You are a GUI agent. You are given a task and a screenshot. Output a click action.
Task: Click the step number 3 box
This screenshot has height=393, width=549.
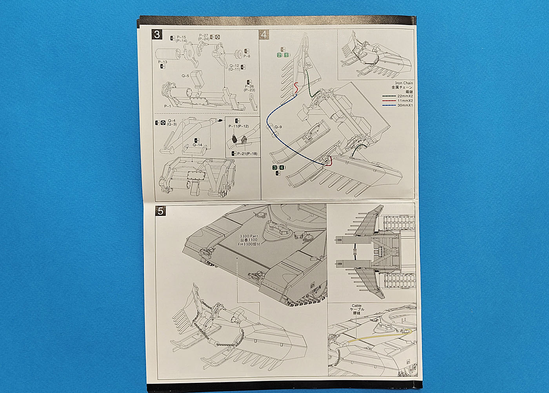(156, 34)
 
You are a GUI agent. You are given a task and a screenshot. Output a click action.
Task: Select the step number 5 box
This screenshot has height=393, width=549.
(160, 211)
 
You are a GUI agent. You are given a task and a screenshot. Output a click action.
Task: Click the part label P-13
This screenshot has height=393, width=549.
(163, 62)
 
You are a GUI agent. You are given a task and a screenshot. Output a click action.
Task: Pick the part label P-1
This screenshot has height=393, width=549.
(167, 106)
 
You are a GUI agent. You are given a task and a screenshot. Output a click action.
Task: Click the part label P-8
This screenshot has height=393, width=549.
(247, 56)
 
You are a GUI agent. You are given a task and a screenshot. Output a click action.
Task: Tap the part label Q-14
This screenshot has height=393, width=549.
(197, 145)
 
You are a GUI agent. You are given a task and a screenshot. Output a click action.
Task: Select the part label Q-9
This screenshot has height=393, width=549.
(278, 127)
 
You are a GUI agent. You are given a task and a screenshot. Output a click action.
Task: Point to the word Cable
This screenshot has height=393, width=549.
(356, 306)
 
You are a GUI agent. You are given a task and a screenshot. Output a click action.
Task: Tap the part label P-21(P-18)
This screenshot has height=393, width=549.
(247, 154)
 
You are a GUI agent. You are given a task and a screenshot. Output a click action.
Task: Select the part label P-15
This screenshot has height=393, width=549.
(181, 37)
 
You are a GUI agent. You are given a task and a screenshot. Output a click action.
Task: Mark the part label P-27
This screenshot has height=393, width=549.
(203, 36)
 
